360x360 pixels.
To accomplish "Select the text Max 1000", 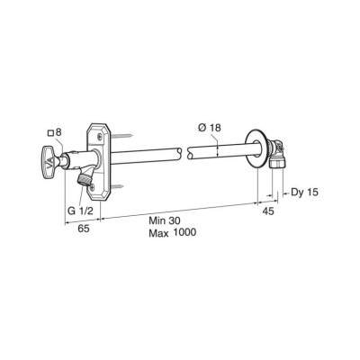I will click(x=173, y=233).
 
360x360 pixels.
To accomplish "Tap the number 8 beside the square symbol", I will click(x=59, y=132).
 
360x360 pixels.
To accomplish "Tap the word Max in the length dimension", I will click(x=160, y=233).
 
